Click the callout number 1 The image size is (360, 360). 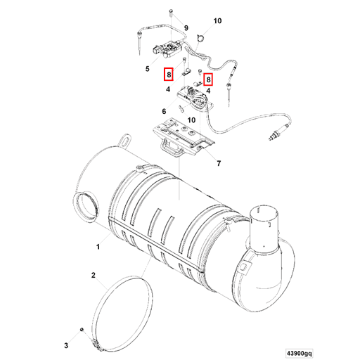98,247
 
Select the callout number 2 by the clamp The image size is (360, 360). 93,276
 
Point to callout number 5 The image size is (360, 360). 148,69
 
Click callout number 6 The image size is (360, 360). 164,111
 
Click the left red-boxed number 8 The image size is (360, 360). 168,75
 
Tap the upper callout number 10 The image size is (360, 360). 217,21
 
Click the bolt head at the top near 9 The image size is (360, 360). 171,13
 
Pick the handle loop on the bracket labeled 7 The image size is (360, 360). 171,146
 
